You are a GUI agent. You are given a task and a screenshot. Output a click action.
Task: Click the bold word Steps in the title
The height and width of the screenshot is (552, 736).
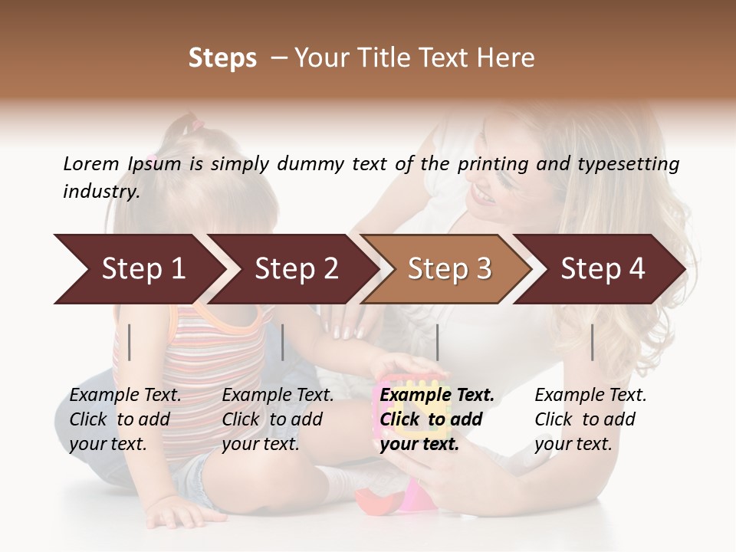tap(222, 58)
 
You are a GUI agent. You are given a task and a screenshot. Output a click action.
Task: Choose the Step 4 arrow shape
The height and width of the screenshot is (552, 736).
tap(602, 269)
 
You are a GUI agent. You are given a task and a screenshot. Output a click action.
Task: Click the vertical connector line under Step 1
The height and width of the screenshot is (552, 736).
tap(130, 342)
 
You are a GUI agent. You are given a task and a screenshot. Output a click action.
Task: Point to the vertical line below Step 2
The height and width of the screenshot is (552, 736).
tap(283, 342)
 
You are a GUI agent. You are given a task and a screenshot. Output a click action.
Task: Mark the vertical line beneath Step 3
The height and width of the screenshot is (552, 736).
tap(438, 342)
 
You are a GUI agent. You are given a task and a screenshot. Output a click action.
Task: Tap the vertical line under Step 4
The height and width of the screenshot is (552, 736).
tap(593, 342)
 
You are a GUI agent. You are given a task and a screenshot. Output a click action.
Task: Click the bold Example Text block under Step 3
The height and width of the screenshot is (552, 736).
tap(437, 419)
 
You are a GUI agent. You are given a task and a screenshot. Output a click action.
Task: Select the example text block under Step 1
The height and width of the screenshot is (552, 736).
tap(125, 419)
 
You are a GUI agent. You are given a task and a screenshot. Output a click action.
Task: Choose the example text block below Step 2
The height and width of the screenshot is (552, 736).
tap(278, 419)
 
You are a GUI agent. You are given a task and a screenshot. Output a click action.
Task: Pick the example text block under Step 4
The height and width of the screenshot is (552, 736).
tap(590, 419)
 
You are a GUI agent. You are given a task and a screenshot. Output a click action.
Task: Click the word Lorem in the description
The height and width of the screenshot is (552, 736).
tap(90, 163)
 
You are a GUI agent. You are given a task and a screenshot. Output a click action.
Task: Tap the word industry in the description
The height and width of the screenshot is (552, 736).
tap(101, 192)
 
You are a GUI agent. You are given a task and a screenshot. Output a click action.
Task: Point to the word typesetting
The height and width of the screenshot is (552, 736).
tap(634, 163)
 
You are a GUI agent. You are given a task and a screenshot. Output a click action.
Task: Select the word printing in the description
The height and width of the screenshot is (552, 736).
tap(491, 163)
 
